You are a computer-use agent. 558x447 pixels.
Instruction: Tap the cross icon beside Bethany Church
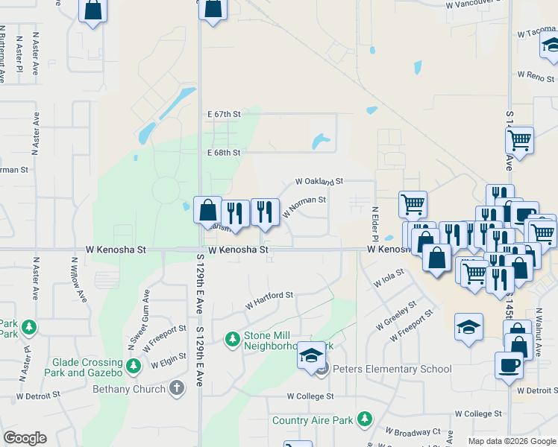[176, 387]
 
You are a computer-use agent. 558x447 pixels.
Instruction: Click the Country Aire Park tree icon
[364, 420]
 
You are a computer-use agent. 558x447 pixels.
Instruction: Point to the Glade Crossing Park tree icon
[134, 366]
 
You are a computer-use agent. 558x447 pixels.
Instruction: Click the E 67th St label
[224, 114]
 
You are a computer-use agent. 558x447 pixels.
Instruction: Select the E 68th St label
[224, 153]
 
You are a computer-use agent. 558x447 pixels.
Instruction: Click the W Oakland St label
[319, 181]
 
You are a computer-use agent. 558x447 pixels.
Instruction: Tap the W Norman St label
[304, 206]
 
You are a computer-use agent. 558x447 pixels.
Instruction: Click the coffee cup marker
[509, 365]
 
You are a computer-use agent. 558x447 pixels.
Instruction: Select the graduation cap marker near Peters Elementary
[311, 355]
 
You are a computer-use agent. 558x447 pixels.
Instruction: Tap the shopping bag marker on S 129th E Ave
[207, 210]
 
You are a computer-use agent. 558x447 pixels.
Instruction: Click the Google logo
[25, 438]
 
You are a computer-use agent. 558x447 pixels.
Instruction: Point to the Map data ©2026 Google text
[512, 441]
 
